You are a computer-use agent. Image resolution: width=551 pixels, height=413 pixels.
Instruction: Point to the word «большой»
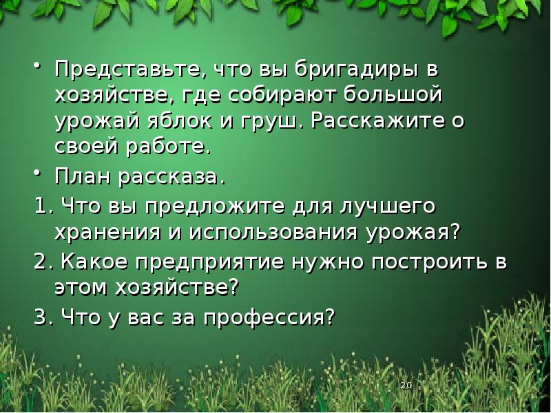point(401,96)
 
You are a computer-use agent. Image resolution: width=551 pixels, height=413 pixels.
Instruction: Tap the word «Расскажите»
point(372,121)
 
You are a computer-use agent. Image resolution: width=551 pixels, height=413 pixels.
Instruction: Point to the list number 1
point(39,206)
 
